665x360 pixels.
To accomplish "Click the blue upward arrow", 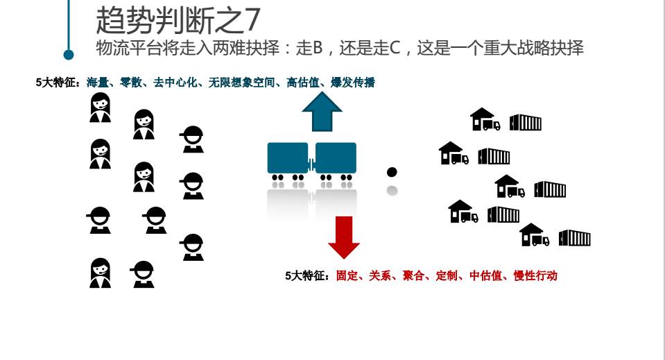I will click(x=322, y=111).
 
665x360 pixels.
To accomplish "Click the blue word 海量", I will click(x=98, y=83).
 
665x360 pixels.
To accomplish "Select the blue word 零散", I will click(x=131, y=83).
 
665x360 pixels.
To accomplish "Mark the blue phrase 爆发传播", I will click(x=353, y=83).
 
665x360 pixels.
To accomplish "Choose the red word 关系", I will click(x=380, y=275).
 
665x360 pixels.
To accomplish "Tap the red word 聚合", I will click(x=413, y=275).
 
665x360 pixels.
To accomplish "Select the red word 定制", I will click(x=447, y=275).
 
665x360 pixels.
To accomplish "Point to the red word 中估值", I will click(x=485, y=275).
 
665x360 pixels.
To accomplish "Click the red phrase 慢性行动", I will click(x=535, y=275).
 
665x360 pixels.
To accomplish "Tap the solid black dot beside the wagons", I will click(x=392, y=172).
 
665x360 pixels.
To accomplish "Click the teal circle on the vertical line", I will click(x=69, y=55).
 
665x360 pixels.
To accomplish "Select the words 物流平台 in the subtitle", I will click(x=119, y=48).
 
